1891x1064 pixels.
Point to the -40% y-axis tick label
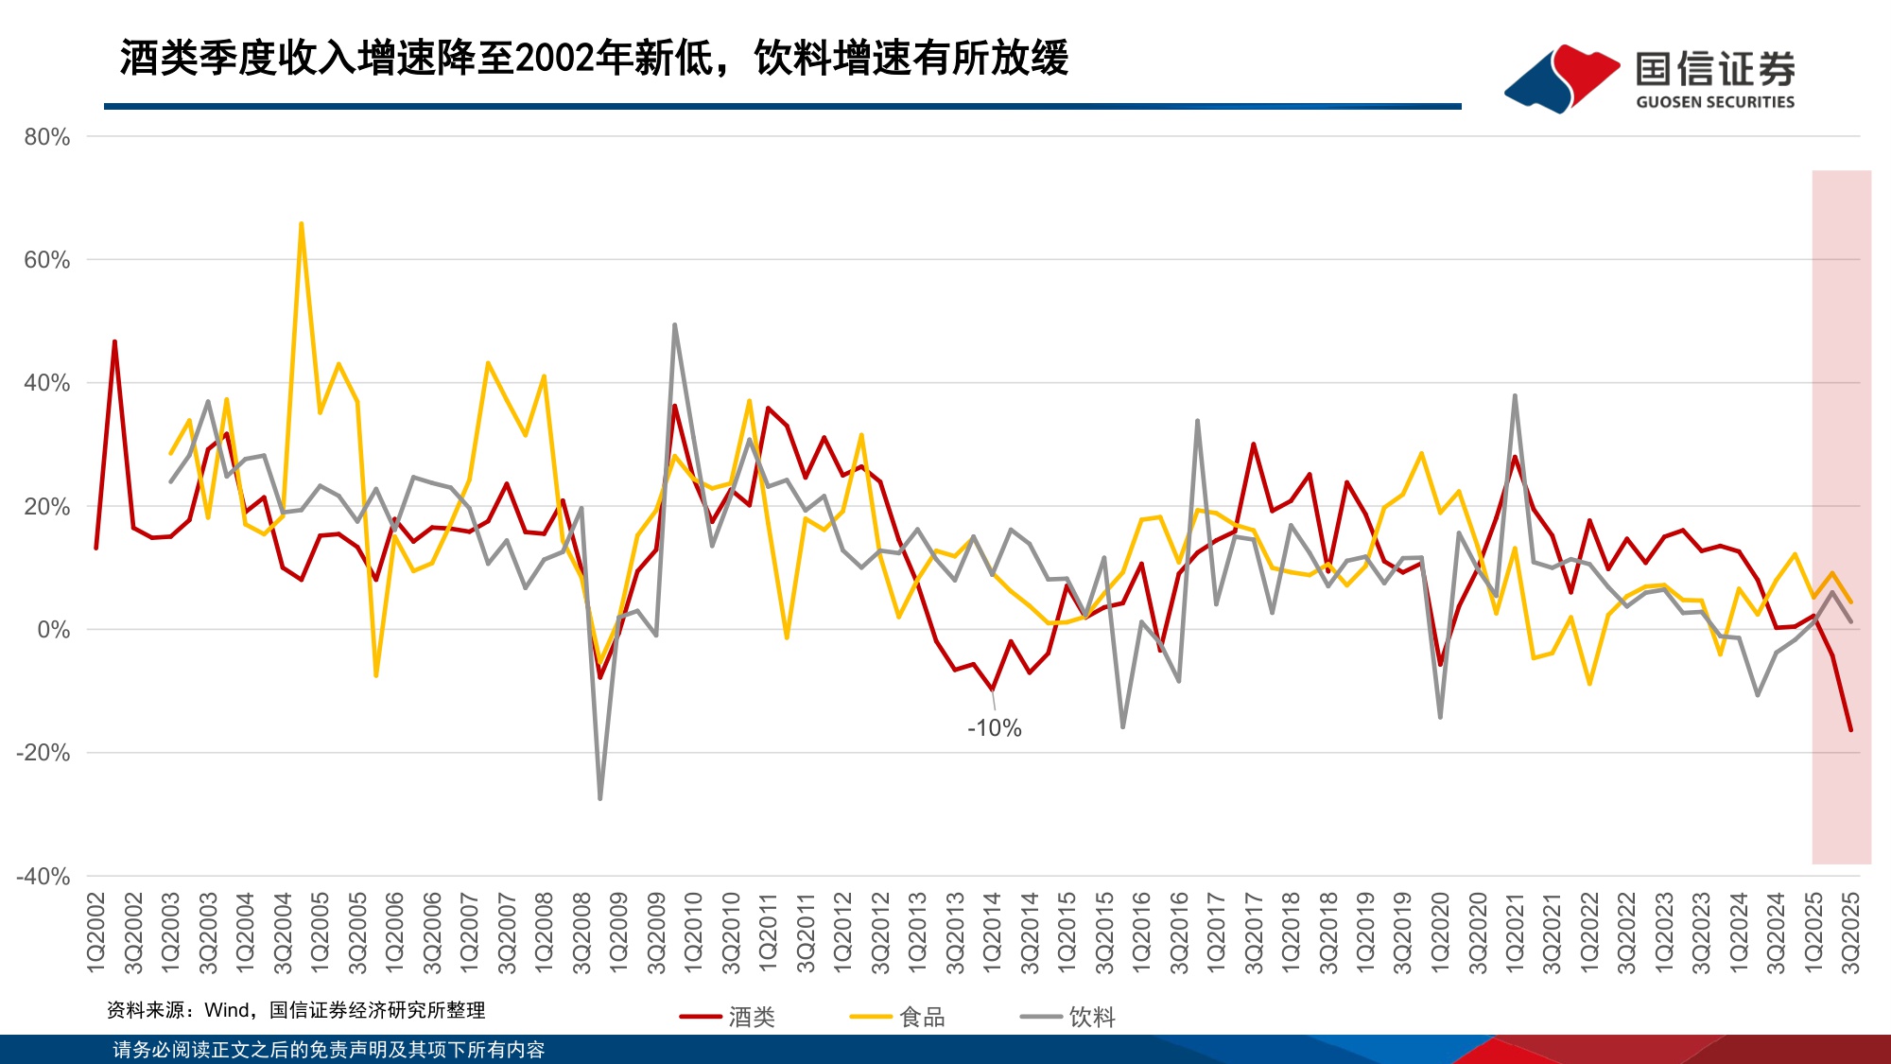pos(43,877)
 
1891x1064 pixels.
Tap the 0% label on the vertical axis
pos(53,630)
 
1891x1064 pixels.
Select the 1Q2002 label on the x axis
pos(96,931)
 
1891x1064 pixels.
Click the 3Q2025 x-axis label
pos(1850,931)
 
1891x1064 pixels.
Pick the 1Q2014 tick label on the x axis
pos(992,931)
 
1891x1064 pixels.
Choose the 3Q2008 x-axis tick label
pos(581,931)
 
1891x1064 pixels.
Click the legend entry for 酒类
pos(728,1017)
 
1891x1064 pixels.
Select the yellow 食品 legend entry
pos(898,1017)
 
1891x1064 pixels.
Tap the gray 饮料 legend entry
pos(1069,1017)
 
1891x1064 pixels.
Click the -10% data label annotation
pos(994,728)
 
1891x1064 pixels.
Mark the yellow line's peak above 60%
pos(301,224)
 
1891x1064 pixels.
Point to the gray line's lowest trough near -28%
pos(600,798)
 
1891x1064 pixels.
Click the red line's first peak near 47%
pos(114,341)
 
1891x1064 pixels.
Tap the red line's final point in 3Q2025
pos(1850,730)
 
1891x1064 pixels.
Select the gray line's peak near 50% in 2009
pos(674,324)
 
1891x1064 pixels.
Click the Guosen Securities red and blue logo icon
pos(1561,78)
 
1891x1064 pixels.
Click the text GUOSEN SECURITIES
pos(1714,102)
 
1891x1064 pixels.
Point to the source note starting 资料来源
pos(296,1010)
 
